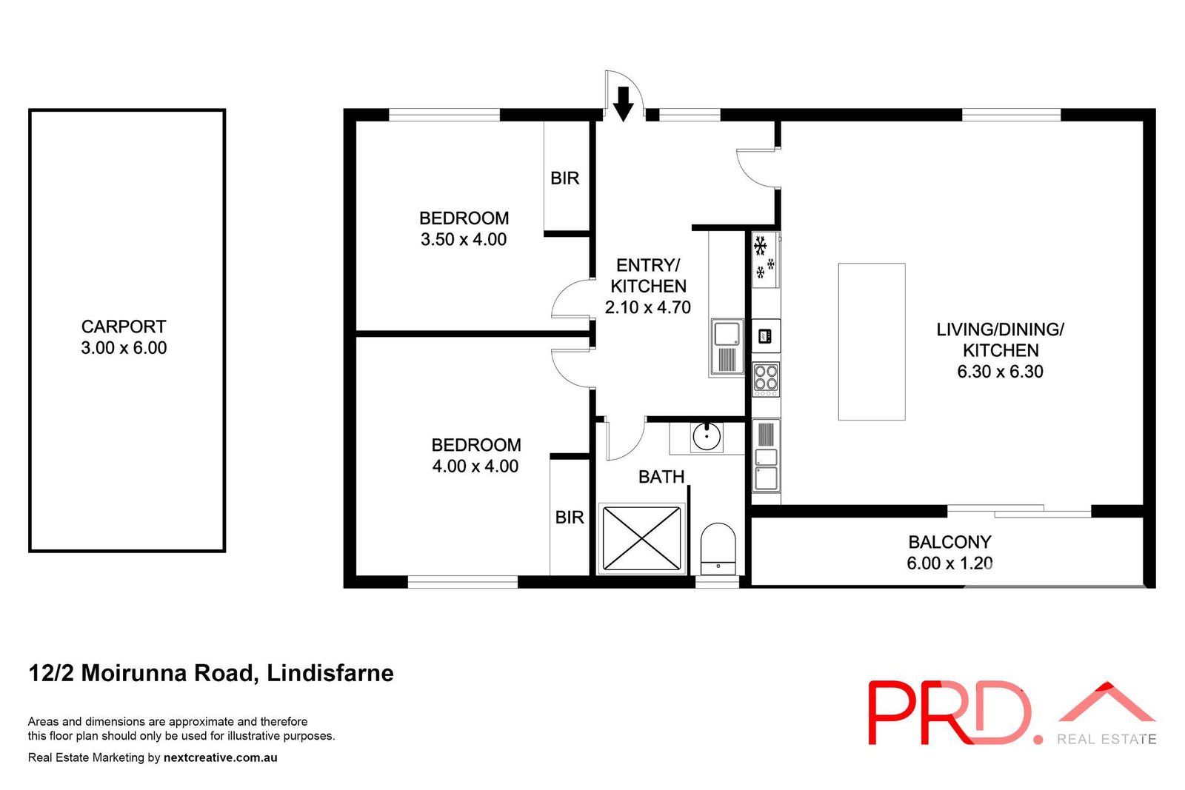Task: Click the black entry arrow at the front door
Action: point(624,103)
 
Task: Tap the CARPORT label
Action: point(124,327)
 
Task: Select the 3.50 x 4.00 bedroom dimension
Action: point(464,239)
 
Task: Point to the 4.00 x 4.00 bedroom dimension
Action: point(475,466)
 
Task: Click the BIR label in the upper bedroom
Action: point(564,178)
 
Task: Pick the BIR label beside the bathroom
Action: point(570,518)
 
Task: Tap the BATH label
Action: point(661,477)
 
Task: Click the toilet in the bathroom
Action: point(718,549)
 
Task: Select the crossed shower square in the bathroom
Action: point(641,538)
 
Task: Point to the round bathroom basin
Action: point(707,437)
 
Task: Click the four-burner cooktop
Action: point(766,378)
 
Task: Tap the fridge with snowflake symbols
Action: point(764,259)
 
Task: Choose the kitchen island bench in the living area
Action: point(872,341)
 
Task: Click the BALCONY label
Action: point(949,542)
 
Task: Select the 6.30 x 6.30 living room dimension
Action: point(1000,372)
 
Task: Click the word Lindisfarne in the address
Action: point(330,673)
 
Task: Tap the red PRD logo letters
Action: point(949,712)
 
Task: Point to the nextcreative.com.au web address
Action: point(221,757)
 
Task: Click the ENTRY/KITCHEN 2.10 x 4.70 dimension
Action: point(648,307)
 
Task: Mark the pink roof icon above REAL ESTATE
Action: point(1106,703)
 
